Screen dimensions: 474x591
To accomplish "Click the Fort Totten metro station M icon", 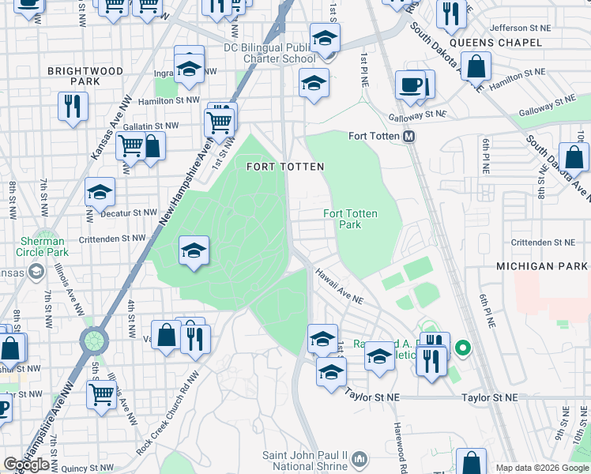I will tap(409, 137).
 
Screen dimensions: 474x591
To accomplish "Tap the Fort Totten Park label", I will tap(350, 220).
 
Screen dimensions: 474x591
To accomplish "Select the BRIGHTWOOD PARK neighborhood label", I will tap(85, 76).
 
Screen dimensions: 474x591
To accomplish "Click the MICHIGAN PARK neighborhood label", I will tap(542, 266).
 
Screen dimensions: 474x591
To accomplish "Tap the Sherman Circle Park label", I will tap(42, 246).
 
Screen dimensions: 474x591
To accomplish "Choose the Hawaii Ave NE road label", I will tap(339, 286).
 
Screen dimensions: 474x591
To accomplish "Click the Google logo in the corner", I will tap(27, 465).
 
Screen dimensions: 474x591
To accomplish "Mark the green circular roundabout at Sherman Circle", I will tap(93, 341).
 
